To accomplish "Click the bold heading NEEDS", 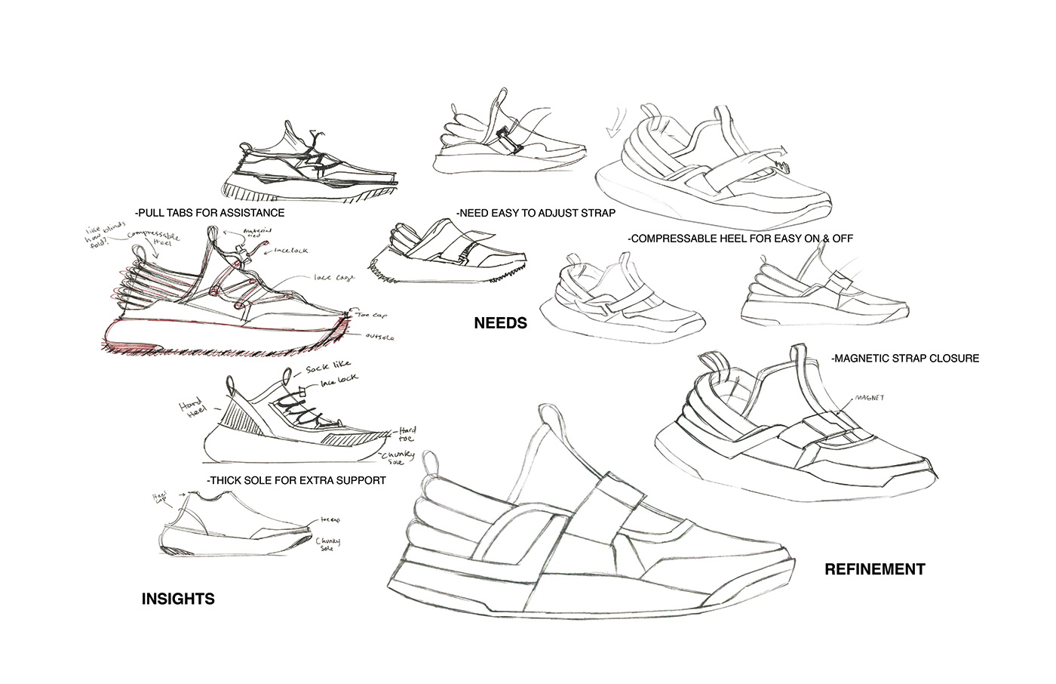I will pyautogui.click(x=500, y=323).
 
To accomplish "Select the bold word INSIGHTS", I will pyautogui.click(x=178, y=599).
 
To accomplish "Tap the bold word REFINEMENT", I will pyautogui.click(x=874, y=569).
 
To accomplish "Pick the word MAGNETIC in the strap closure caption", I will pyautogui.click(x=867, y=359).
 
